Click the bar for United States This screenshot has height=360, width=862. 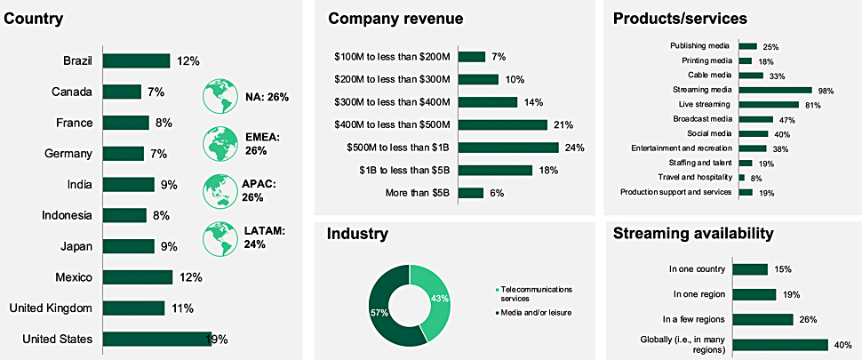(156, 338)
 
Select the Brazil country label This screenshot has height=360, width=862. (80, 60)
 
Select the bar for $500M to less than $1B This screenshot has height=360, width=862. (508, 148)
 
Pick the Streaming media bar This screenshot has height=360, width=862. (775, 90)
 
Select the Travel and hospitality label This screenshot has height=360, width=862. (695, 177)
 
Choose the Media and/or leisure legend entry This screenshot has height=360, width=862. (536, 312)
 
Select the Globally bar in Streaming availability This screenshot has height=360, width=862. (783, 344)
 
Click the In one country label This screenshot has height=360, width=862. (699, 269)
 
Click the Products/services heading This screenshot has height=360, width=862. (680, 18)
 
